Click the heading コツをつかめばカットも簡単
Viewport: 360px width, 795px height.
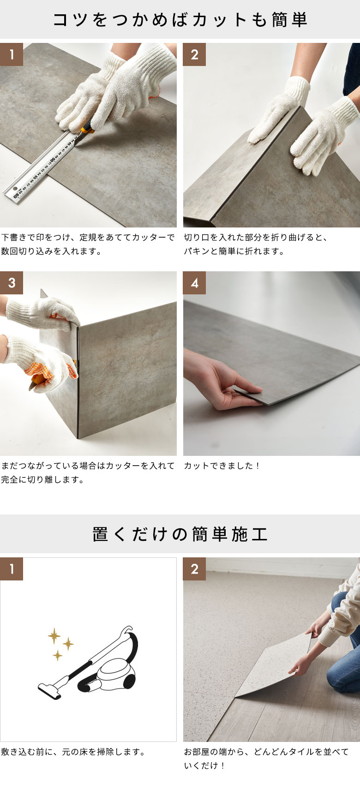[x=180, y=20]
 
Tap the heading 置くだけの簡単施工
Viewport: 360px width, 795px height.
[x=180, y=534]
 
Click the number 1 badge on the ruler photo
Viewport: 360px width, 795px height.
[x=12, y=54]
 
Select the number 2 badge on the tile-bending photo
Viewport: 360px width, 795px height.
[x=194, y=54]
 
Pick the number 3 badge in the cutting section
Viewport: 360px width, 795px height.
[x=12, y=283]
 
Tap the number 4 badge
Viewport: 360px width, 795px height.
[x=194, y=283]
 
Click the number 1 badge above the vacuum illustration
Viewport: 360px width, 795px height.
[x=12, y=569]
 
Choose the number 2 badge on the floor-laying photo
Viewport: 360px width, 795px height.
[x=194, y=569]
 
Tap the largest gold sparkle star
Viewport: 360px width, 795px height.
[x=54, y=636]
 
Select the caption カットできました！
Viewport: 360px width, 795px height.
[x=222, y=466]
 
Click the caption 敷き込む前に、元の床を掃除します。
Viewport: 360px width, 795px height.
[x=73, y=752]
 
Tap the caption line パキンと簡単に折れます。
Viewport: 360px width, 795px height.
[x=234, y=251]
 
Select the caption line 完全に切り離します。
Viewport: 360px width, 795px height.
[x=42, y=479]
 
